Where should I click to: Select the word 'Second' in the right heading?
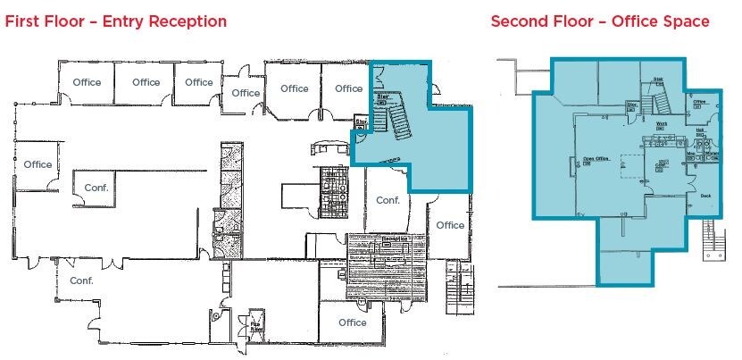pos(518,21)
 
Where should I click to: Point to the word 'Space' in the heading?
pos(684,21)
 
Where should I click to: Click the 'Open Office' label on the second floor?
pos(596,162)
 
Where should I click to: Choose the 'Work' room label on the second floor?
pos(662,123)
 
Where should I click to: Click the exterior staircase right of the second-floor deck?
pos(712,240)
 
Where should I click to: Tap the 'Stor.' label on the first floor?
pos(363,121)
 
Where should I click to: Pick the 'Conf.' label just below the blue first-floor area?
pos(387,200)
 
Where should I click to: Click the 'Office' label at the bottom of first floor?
pos(353,322)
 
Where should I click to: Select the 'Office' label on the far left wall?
pos(38,164)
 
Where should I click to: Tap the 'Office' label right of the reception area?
pos(450,225)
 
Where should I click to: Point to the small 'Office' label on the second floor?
pos(700,102)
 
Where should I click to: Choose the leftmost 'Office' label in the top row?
pos(87,82)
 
